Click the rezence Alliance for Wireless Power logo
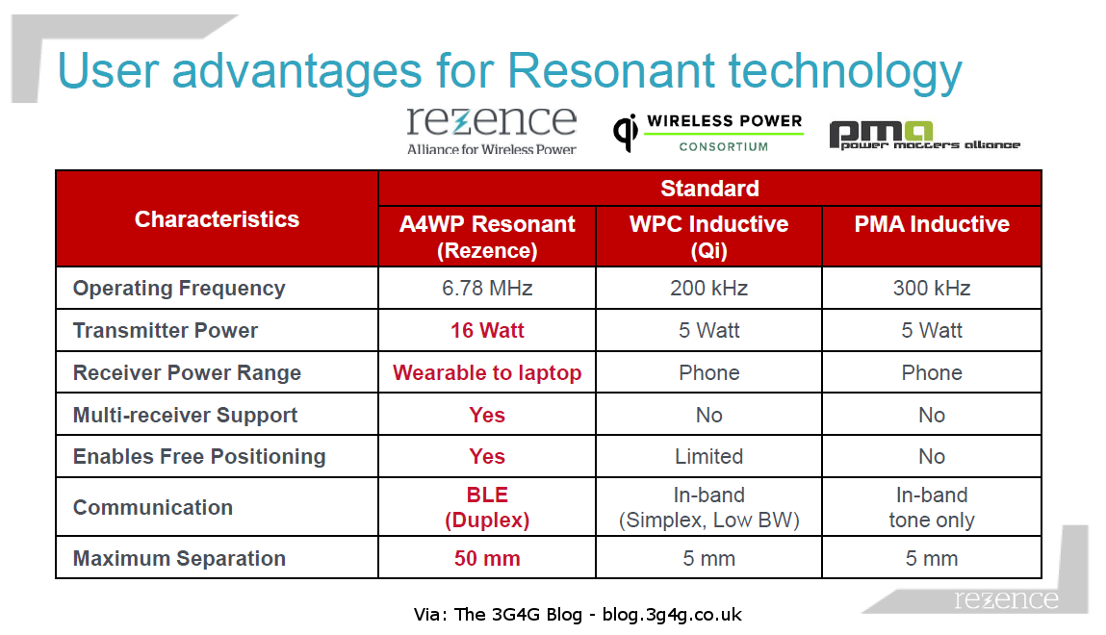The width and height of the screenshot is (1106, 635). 491,129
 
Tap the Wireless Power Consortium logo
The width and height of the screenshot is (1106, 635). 708,133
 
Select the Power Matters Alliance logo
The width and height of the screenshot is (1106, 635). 924,136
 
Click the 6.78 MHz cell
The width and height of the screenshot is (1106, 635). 487,288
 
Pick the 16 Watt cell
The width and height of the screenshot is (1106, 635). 487,330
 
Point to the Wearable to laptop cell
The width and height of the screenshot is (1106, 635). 487,372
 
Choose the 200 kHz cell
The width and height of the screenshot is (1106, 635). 708,288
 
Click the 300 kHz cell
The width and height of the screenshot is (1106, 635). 931,288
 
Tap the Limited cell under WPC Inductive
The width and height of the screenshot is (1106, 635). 708,456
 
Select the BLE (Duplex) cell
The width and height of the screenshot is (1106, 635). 487,507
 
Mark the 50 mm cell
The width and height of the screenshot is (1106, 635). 487,558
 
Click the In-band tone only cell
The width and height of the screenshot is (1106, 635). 931,507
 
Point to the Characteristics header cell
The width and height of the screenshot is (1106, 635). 217,219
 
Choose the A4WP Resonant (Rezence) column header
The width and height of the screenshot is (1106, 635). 487,236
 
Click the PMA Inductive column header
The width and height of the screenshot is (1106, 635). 931,224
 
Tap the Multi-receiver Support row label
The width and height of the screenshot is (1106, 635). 185,415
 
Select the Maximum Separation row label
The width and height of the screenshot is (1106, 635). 179,558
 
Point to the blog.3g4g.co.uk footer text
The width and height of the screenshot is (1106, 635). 672,614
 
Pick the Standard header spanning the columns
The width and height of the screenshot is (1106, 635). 709,189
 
